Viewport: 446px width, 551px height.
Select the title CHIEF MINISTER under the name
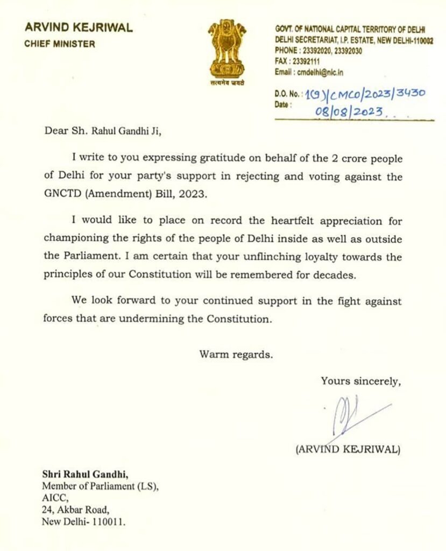pyautogui.click(x=59, y=44)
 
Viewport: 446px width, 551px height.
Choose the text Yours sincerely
pyautogui.click(x=360, y=381)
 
